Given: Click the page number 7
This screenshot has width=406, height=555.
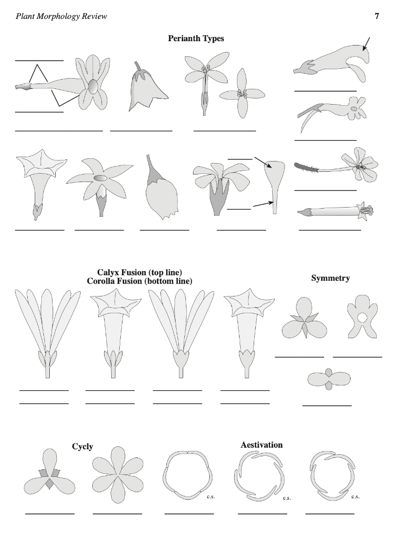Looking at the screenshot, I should (377, 16).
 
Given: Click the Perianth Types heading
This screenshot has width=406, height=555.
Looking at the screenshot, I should (196, 38).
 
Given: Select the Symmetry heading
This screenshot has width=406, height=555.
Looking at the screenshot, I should (330, 278).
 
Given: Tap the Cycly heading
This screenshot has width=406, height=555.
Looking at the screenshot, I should (82, 447).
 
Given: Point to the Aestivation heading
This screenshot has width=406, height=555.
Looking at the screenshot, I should (261, 445).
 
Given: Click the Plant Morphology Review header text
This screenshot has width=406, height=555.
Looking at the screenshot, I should (61, 16).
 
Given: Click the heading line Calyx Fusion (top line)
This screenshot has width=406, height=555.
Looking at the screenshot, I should (139, 272).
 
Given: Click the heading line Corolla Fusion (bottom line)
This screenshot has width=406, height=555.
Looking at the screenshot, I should (139, 281).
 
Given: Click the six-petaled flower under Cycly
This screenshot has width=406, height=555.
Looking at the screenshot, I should (117, 475).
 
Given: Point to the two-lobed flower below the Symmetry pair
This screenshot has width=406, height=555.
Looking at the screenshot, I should (328, 380).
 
